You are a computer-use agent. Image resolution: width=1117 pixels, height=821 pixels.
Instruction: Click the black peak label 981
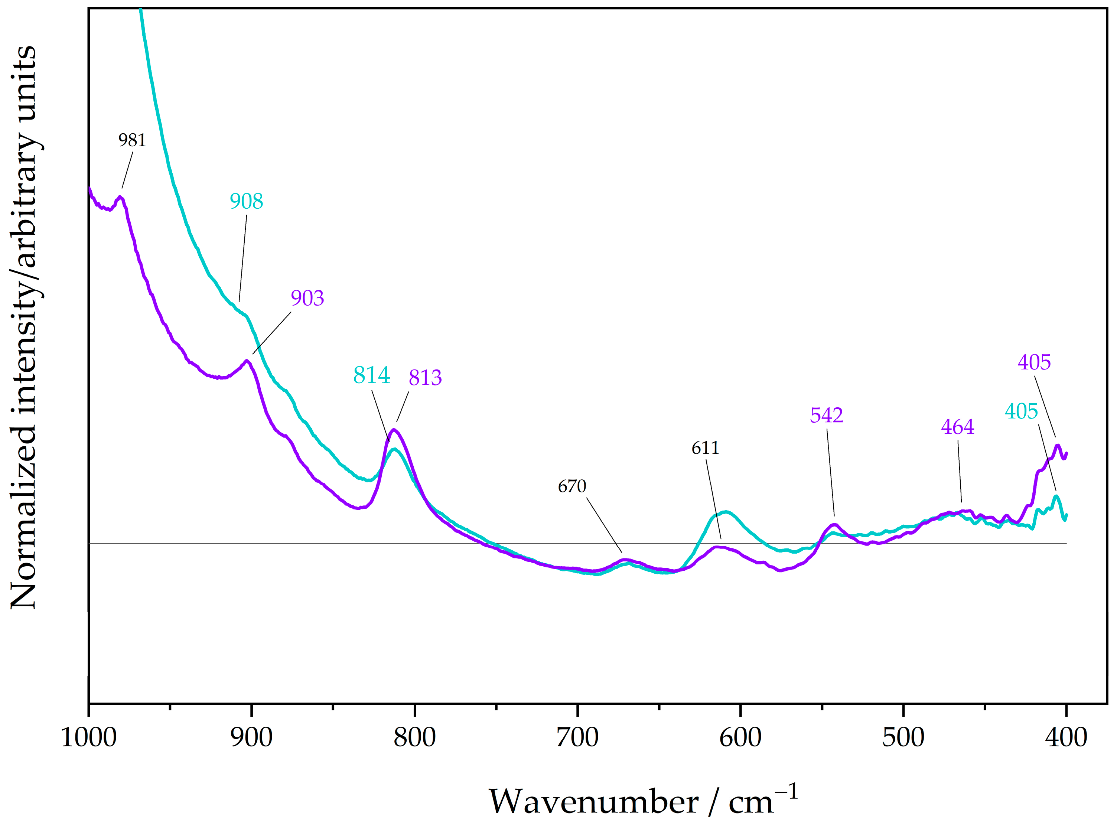(132, 141)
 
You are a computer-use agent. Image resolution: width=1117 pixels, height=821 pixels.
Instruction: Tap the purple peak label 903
(307, 298)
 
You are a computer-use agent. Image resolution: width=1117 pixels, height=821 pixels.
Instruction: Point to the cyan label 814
(371, 375)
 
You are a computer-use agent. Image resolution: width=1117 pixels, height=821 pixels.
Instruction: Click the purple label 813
(425, 378)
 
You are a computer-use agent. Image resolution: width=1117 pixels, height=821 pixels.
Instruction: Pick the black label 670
(572, 486)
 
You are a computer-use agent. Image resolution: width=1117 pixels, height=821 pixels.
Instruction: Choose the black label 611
(705, 448)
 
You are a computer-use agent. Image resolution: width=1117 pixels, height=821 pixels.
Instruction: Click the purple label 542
(826, 415)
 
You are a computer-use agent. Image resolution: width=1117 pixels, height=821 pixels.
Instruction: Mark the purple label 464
(957, 426)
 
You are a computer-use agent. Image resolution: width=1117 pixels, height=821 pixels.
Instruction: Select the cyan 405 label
(1021, 411)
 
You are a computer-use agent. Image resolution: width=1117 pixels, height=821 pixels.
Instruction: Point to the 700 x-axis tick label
(577, 737)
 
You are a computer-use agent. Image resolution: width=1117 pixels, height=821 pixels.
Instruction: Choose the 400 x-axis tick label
(1066, 737)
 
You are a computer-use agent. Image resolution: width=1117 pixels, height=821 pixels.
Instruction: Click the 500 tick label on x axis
(903, 737)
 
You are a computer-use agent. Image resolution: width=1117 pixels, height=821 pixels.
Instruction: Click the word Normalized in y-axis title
(24, 517)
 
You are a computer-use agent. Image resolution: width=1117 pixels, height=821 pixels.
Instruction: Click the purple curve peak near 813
(394, 430)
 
